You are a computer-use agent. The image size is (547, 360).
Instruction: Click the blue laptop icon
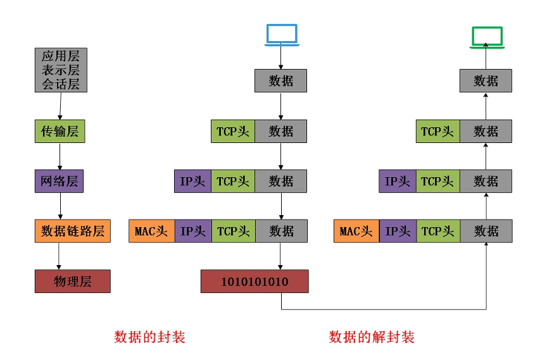(x=281, y=34)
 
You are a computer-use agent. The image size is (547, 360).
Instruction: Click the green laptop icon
(x=486, y=37)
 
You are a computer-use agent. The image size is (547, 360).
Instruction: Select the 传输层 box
(x=60, y=132)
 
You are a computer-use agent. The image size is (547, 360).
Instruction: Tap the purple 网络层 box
(x=60, y=182)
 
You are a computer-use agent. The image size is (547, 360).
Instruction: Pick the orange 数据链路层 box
(x=73, y=231)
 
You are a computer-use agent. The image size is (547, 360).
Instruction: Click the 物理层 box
(x=73, y=281)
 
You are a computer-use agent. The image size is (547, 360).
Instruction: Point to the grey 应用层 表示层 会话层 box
(x=61, y=70)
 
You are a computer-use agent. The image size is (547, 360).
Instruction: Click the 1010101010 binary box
(x=255, y=281)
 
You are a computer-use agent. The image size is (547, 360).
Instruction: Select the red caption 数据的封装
(x=149, y=337)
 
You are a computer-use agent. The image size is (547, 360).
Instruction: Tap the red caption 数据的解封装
(x=372, y=337)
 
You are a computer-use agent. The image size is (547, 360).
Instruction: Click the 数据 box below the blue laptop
(x=281, y=81)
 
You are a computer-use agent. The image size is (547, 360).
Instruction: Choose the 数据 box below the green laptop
(x=486, y=81)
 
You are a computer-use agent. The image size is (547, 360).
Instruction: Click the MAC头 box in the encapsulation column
(x=151, y=231)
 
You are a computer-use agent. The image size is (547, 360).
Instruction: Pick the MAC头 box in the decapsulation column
(x=356, y=231)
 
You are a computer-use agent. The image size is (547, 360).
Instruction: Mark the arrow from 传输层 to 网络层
(x=60, y=156)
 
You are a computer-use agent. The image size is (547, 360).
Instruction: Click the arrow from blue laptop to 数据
(x=281, y=57)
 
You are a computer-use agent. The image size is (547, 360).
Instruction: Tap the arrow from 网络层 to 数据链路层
(x=60, y=206)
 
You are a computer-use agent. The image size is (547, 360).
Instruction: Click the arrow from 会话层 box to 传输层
(x=60, y=106)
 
